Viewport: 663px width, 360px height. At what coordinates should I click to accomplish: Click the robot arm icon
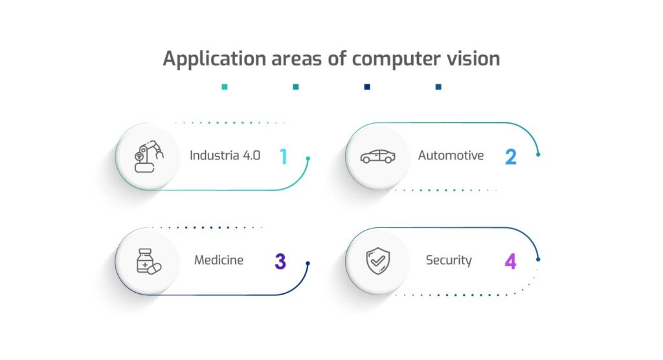[148, 156]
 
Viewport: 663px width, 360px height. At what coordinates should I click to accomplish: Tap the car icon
[377, 157]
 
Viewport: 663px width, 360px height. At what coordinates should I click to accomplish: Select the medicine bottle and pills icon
[148, 261]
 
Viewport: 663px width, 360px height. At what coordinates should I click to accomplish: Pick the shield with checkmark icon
[377, 261]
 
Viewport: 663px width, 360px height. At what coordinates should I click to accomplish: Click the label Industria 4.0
[225, 155]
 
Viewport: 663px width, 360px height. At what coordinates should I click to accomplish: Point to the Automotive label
[451, 155]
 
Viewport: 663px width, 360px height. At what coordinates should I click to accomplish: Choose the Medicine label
[219, 260]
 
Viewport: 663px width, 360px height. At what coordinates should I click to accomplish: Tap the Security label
[449, 260]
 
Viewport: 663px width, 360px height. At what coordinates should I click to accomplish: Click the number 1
[283, 156]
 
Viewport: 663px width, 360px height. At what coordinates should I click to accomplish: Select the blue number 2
[511, 156]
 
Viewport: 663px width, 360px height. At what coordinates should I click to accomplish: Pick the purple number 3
[280, 261]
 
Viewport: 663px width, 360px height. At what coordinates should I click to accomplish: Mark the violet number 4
[510, 261]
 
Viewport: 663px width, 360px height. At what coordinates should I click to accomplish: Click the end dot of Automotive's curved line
[538, 154]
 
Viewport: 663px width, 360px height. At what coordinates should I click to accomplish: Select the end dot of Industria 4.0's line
[308, 158]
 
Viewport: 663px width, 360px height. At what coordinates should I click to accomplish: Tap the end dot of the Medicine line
[308, 264]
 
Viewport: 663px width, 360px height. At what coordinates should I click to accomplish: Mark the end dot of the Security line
[538, 259]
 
